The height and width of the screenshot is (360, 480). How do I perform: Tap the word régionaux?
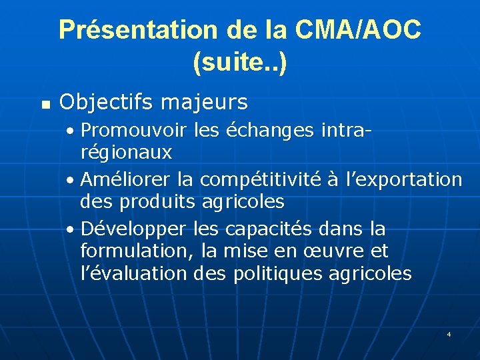126,153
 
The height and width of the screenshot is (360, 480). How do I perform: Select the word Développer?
133,229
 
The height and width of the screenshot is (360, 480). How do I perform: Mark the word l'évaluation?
133,273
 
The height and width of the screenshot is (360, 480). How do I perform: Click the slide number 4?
449,333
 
